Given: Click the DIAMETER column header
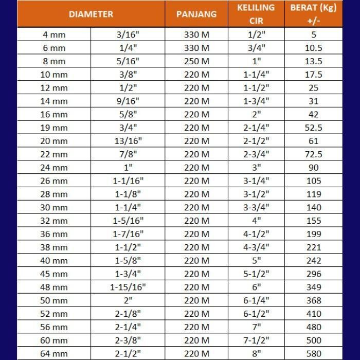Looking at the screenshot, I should (x=91, y=14).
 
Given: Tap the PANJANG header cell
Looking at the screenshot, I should (x=196, y=14).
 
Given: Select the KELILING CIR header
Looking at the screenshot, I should (x=256, y=14).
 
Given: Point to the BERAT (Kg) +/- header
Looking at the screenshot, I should (x=314, y=14).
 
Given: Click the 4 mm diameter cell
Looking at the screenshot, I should (x=54, y=34).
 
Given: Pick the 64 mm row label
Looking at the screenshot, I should (x=54, y=353).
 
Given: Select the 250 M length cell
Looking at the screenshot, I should (x=196, y=61).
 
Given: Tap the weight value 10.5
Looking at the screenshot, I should (x=314, y=48).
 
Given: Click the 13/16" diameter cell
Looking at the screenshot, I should (x=128, y=141).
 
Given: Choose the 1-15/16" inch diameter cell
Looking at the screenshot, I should (x=128, y=287).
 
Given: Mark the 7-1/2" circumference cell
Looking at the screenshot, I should (x=256, y=340).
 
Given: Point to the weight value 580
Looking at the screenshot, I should (x=314, y=353).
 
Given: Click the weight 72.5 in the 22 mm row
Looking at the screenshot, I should (x=314, y=154).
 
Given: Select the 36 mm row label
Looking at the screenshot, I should (x=54, y=234).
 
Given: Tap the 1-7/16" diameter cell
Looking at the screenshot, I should (x=128, y=234).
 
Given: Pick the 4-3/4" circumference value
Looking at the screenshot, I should (x=256, y=247).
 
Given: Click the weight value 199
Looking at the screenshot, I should (x=314, y=234).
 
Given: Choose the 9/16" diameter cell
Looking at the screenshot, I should (x=128, y=101).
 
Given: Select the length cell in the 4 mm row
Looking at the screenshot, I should (x=196, y=34).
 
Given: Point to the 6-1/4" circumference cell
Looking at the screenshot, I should (x=256, y=300).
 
